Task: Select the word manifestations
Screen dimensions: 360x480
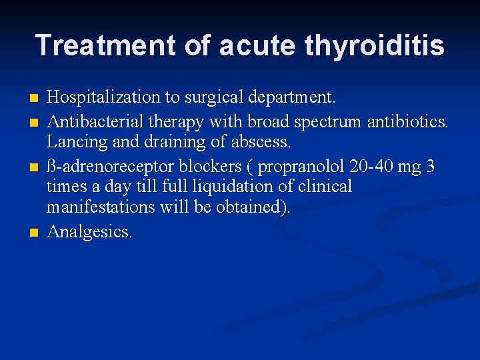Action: point(101,208)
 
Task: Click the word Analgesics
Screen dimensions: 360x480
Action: point(89,231)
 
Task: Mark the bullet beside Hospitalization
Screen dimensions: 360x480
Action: point(35,99)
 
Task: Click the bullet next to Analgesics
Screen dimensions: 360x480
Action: point(35,233)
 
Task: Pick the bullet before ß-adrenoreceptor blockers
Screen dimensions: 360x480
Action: point(35,166)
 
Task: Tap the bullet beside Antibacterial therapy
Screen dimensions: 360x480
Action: point(35,121)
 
